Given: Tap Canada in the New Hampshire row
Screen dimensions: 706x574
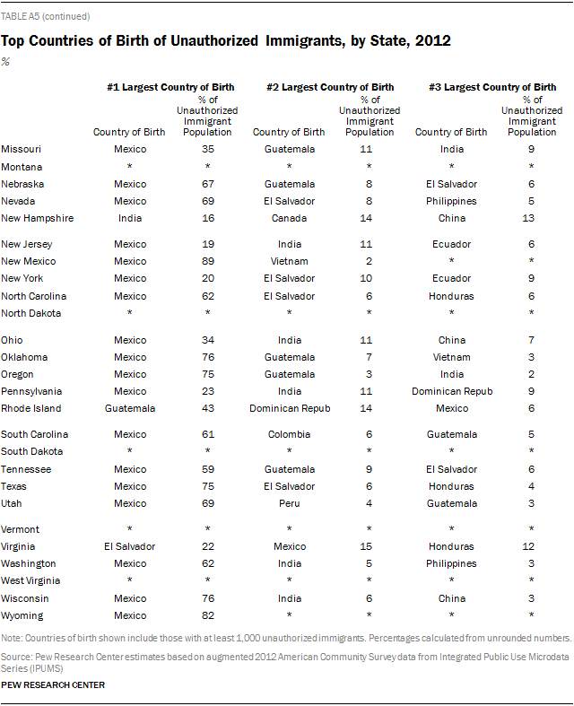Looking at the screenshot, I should click(290, 218).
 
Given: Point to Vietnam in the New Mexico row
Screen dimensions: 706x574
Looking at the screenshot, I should click(290, 261).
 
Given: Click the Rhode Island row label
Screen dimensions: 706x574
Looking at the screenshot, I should click(31, 408).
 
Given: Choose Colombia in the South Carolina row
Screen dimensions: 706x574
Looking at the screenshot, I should click(290, 434).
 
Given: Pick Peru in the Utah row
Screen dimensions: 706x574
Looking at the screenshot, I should click(290, 503).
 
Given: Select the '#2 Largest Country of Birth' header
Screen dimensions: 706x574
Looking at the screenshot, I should click(329, 87).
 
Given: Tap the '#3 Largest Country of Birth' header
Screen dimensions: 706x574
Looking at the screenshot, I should click(491, 87).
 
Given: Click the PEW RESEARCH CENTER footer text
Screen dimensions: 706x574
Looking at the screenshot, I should click(53, 685).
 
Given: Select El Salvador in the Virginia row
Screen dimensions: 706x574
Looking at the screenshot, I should click(130, 546).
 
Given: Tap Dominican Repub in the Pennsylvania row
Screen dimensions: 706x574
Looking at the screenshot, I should click(452, 391).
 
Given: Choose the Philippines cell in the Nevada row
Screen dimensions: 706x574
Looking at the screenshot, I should click(452, 201).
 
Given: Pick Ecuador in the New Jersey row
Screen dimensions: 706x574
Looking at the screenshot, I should click(452, 244).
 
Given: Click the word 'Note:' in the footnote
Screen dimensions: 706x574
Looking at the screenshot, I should click(13, 638).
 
